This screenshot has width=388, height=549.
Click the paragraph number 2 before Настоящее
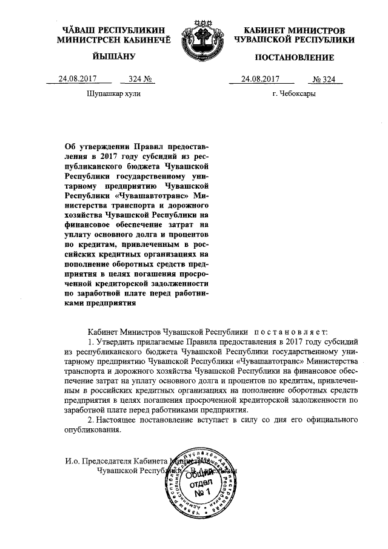coord(91,420)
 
